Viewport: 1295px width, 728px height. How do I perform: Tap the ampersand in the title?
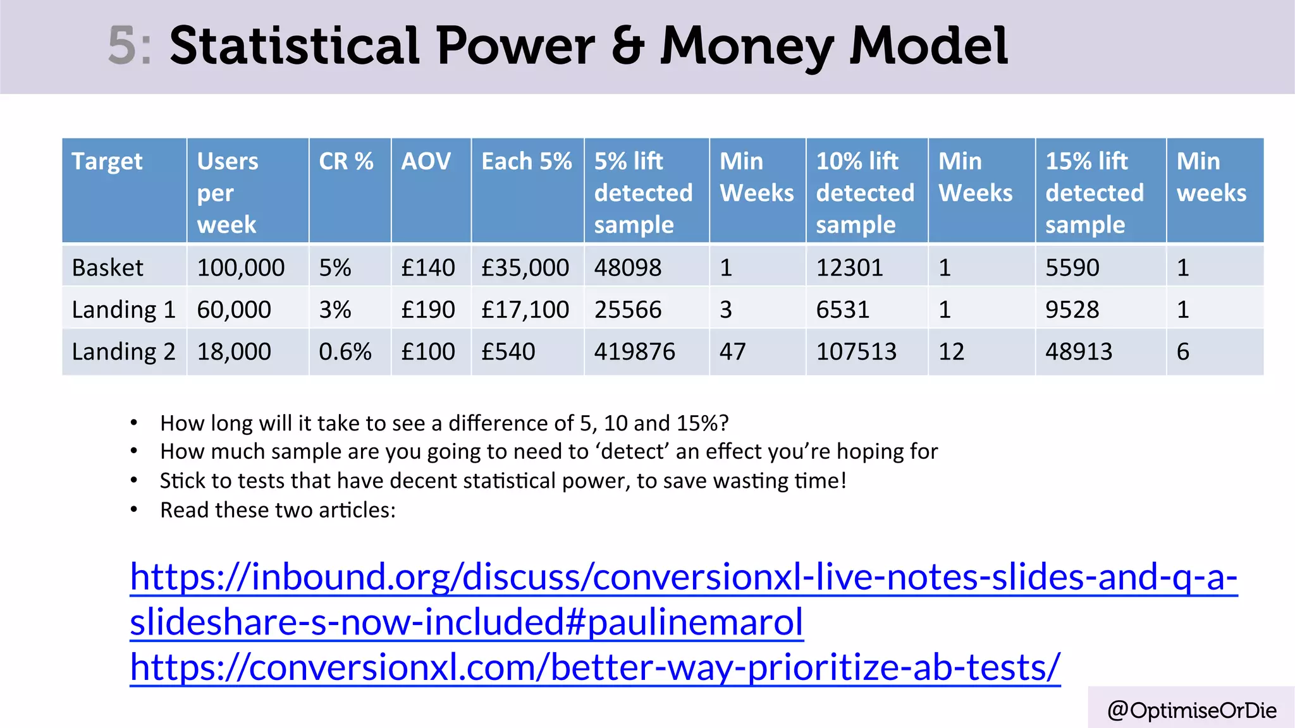click(x=627, y=45)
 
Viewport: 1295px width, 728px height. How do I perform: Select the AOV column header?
click(x=426, y=162)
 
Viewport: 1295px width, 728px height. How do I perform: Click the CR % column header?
click(x=346, y=162)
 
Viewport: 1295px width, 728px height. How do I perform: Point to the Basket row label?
click(x=107, y=268)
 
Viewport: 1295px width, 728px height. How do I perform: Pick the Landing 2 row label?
click(x=123, y=351)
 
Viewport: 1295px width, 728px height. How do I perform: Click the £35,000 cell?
click(x=525, y=268)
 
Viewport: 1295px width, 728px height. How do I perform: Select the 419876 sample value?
click(x=634, y=351)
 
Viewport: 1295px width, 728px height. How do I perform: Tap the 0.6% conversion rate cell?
click(x=345, y=351)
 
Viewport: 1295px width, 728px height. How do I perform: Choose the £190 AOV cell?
click(x=427, y=310)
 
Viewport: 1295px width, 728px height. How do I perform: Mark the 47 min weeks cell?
click(x=732, y=351)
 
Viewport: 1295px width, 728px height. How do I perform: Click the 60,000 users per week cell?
click(x=234, y=310)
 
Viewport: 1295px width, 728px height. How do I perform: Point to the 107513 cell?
click(x=856, y=351)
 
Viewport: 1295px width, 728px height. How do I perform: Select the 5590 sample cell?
click(x=1072, y=268)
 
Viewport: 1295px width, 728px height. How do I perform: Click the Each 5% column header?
click(x=526, y=162)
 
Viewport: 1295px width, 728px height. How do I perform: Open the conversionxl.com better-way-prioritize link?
click(x=594, y=667)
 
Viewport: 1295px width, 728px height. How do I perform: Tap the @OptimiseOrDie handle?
click(x=1191, y=710)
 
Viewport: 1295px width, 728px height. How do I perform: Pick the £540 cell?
click(x=508, y=351)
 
